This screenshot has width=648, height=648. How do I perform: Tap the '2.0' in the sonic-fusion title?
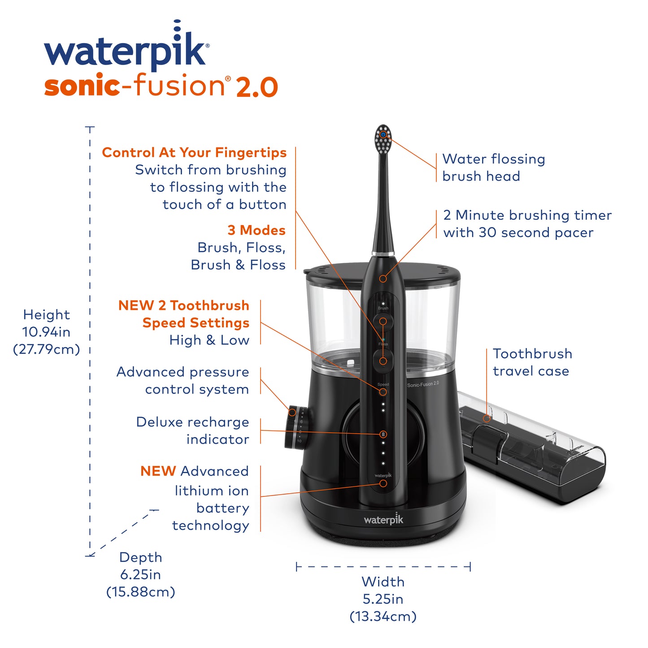pos(257,87)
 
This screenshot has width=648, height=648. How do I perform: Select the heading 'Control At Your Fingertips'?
pos(194,152)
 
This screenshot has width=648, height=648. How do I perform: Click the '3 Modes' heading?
pos(256,230)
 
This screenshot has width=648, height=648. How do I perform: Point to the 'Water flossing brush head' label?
pos(493,167)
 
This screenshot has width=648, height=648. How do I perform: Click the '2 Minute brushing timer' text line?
pos(527,215)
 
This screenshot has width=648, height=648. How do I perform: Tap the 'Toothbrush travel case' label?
pos(532,362)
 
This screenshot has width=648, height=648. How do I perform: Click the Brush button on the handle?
pos(383,321)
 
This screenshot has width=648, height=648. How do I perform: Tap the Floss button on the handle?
pos(383,361)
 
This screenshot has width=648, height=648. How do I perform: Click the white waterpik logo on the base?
pos(383,520)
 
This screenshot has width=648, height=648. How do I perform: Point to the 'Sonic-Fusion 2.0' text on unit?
pos(423,384)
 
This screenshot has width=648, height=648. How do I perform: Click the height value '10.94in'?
pos(46,332)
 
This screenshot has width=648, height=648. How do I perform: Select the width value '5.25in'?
pos(383,599)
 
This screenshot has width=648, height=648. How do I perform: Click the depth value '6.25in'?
pos(140,574)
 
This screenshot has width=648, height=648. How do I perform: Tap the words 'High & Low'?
pos(209,340)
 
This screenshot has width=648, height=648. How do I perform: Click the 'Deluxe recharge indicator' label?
pos(193,431)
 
